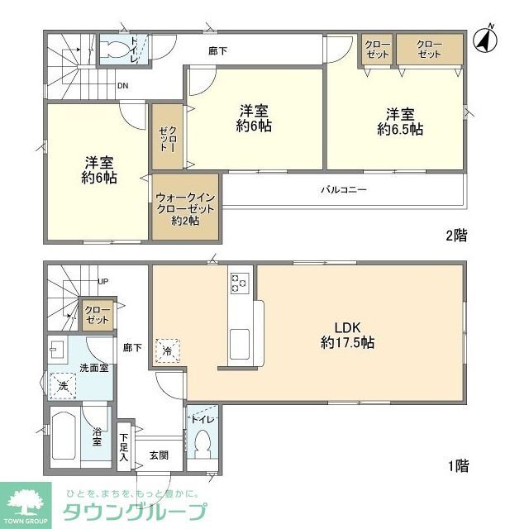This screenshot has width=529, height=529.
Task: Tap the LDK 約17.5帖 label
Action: (347, 332)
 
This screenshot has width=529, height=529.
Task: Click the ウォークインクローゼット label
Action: (185, 208)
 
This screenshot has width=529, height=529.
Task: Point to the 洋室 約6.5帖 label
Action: (400, 121)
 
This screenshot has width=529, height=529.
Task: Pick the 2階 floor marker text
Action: (457, 236)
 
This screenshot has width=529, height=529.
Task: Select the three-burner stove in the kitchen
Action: (240, 283)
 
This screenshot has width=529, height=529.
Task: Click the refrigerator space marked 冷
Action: (167, 350)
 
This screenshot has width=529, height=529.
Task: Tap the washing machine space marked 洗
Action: (63, 385)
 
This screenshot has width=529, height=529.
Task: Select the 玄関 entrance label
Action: (159, 454)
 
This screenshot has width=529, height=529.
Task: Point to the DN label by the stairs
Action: (122, 86)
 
